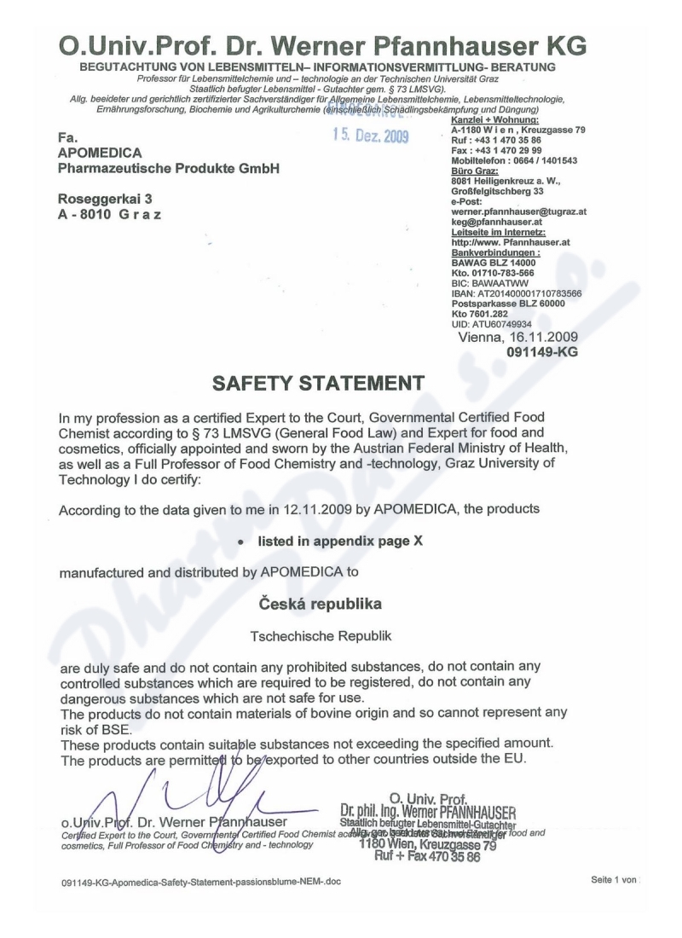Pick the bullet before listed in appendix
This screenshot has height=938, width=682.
point(243,541)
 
